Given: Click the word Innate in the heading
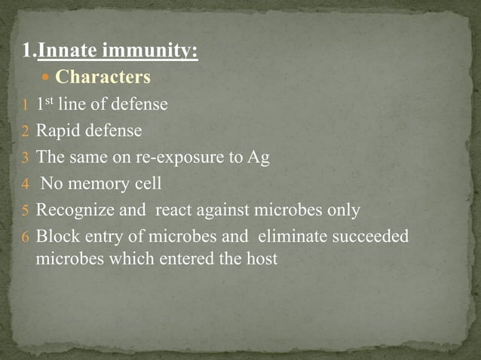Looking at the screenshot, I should [x=68, y=52].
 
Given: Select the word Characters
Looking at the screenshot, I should [x=103, y=78].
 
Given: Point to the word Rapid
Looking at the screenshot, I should [x=59, y=131].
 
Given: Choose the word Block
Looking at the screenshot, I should [x=57, y=236].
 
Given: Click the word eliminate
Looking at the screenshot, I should [x=289, y=236].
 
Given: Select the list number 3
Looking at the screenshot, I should [x=24, y=158].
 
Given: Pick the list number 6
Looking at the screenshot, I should [x=24, y=237].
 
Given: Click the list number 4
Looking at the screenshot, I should [x=24, y=185].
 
